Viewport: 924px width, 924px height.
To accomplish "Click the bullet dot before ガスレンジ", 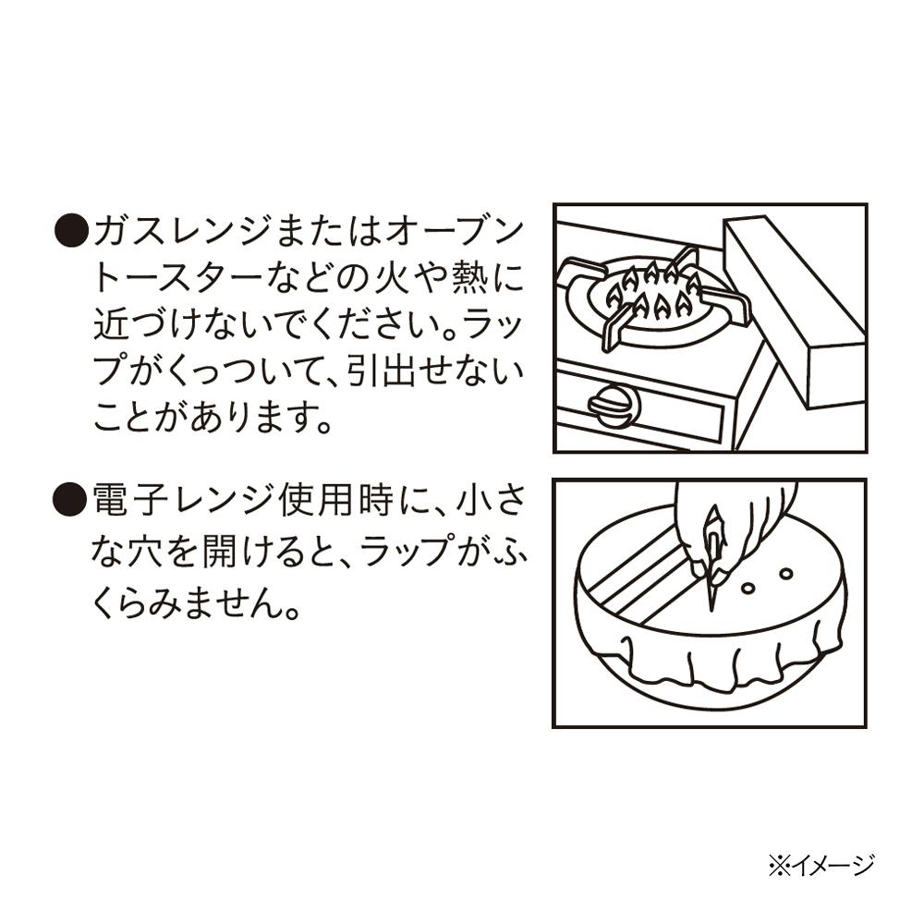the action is click(71, 230).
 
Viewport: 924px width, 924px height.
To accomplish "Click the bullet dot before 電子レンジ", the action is click(71, 499).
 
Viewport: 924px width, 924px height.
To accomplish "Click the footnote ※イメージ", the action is click(821, 866).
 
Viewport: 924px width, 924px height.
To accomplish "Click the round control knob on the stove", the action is click(614, 405).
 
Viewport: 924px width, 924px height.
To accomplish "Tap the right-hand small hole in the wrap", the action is click(785, 573).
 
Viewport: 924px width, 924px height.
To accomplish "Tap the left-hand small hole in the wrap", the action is click(748, 588).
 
